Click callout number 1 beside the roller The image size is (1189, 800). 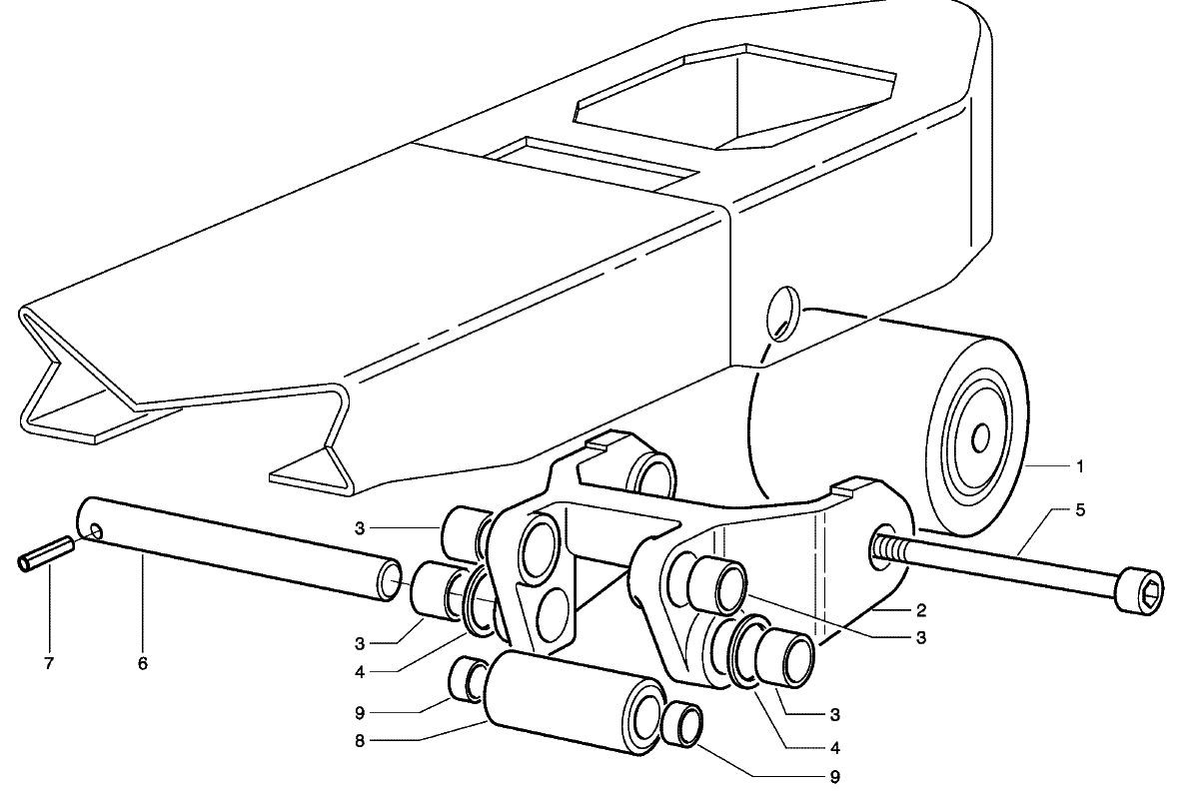(1080, 466)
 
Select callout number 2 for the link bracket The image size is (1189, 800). (921, 609)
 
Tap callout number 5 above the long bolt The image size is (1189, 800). (1080, 509)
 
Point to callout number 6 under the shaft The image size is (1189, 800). (143, 664)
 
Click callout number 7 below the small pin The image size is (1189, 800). (49, 664)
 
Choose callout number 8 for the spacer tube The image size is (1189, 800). (360, 741)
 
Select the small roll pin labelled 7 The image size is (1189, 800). (46, 552)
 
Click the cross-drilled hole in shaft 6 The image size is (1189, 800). (95, 528)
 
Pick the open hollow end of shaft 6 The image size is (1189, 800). (390, 581)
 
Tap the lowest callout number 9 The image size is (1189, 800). (835, 777)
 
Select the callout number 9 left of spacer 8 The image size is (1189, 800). (360, 713)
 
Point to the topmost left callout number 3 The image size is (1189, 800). (360, 527)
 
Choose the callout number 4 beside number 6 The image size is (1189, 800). (360, 672)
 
